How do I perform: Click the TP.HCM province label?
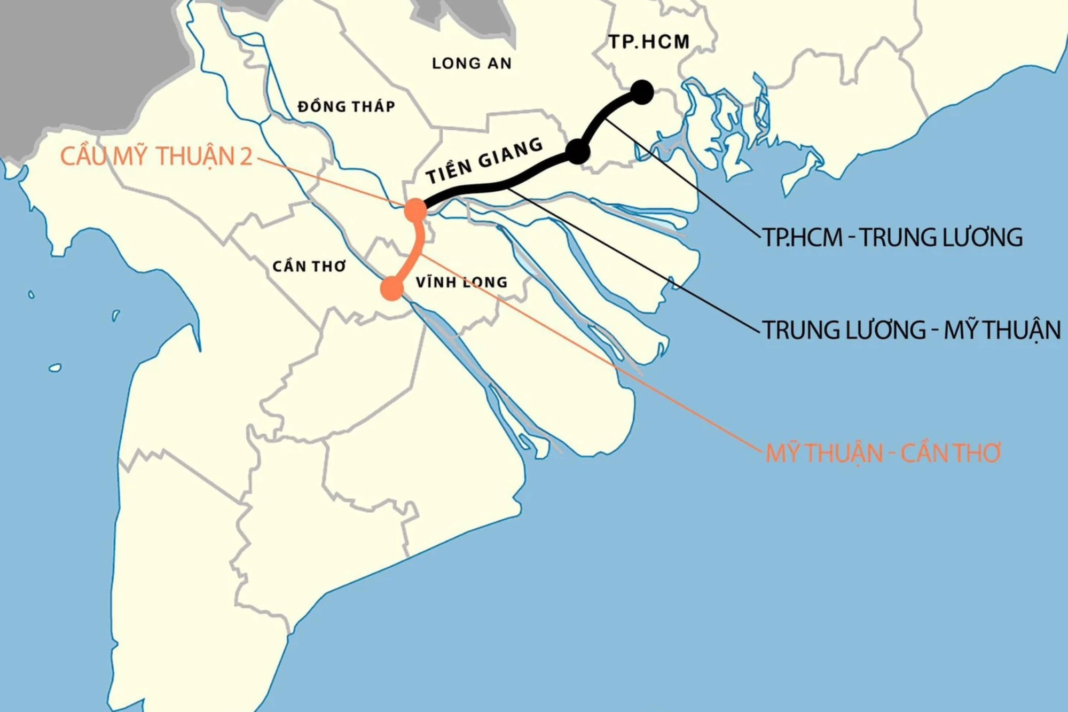click(649, 42)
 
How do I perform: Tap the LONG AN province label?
click(472, 64)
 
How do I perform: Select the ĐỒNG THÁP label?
click(347, 107)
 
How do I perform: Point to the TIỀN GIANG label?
click(484, 160)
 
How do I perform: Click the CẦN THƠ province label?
click(309, 266)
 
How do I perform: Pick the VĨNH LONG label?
click(461, 282)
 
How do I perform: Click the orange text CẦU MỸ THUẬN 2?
click(156, 157)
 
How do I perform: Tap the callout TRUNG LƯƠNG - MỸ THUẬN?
click(911, 330)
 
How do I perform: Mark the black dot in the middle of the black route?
click(577, 152)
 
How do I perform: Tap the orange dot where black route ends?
click(415, 209)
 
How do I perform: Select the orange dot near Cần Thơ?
click(392, 288)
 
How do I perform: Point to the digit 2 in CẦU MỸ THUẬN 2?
click(246, 157)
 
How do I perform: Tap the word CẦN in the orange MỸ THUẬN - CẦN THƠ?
click(923, 453)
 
